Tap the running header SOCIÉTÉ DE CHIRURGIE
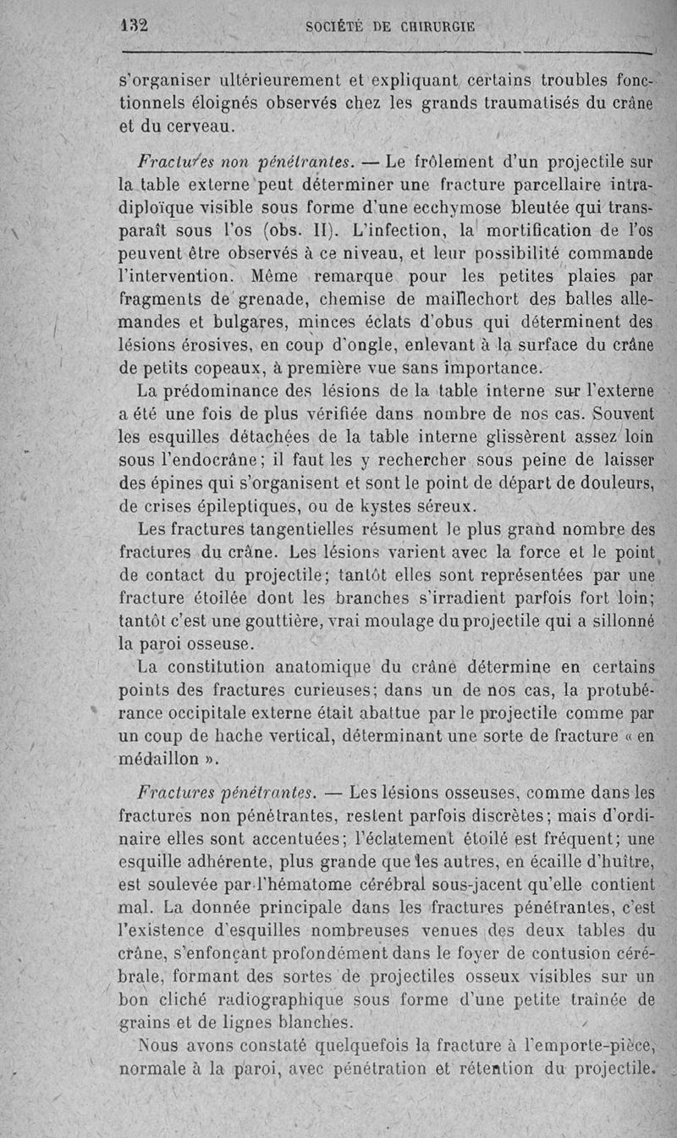(389, 26)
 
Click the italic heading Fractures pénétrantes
(226, 793)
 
